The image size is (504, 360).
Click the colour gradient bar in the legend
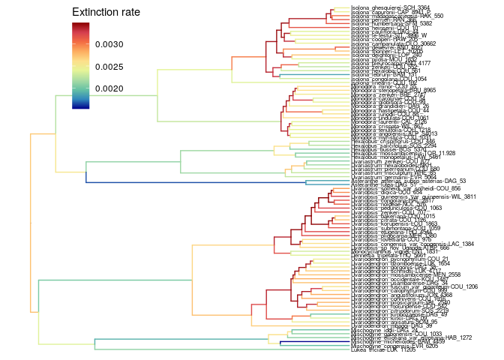(x=80, y=65)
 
